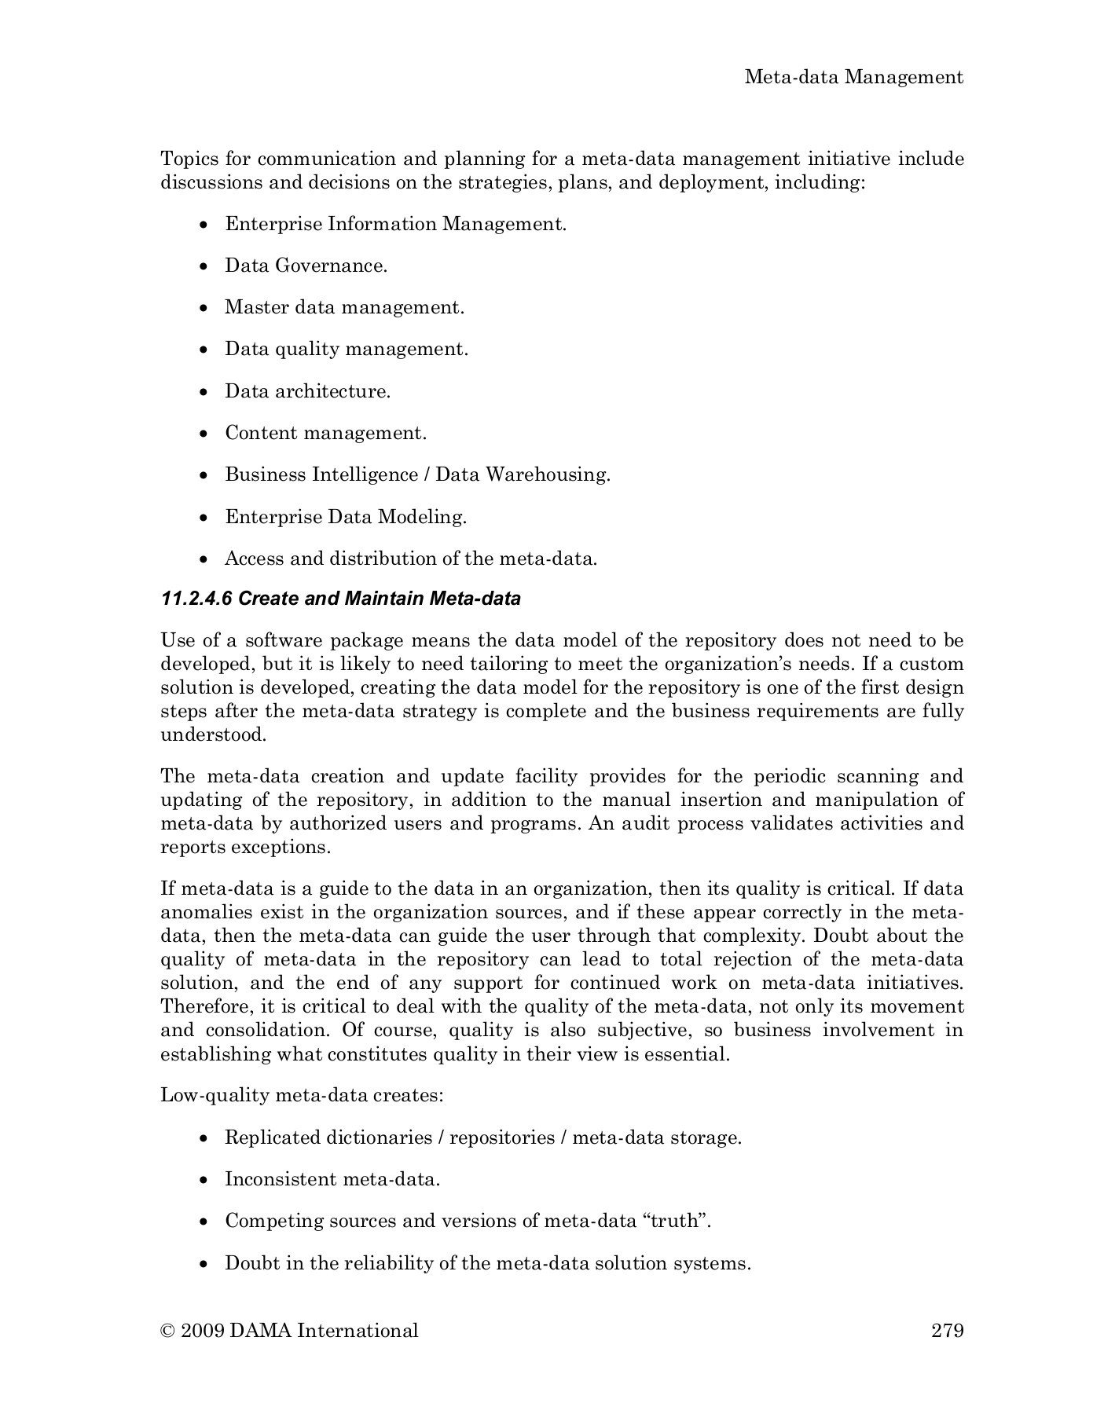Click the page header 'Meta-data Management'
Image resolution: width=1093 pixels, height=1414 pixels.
tap(853, 77)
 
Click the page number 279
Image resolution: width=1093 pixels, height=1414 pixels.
tap(947, 1330)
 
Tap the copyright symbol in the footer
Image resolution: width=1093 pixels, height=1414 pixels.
tap(167, 1331)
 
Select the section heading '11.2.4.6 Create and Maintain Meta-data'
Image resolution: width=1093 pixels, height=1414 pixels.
tap(340, 599)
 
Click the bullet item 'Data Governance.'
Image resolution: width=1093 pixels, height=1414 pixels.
tap(306, 266)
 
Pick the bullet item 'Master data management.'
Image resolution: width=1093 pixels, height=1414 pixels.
tap(344, 307)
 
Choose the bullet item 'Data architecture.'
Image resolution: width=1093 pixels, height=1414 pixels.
tap(307, 391)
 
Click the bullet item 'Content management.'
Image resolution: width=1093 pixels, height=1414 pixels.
tap(325, 433)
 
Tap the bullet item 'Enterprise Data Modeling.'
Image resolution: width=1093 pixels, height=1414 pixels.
tap(346, 517)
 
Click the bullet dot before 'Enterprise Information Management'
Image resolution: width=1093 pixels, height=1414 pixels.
tap(204, 225)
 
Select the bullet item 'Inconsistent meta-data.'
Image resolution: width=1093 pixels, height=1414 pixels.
tap(332, 1179)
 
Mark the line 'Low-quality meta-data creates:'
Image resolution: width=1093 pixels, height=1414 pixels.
tap(302, 1095)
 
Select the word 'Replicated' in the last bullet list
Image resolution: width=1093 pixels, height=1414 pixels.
tap(272, 1137)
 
